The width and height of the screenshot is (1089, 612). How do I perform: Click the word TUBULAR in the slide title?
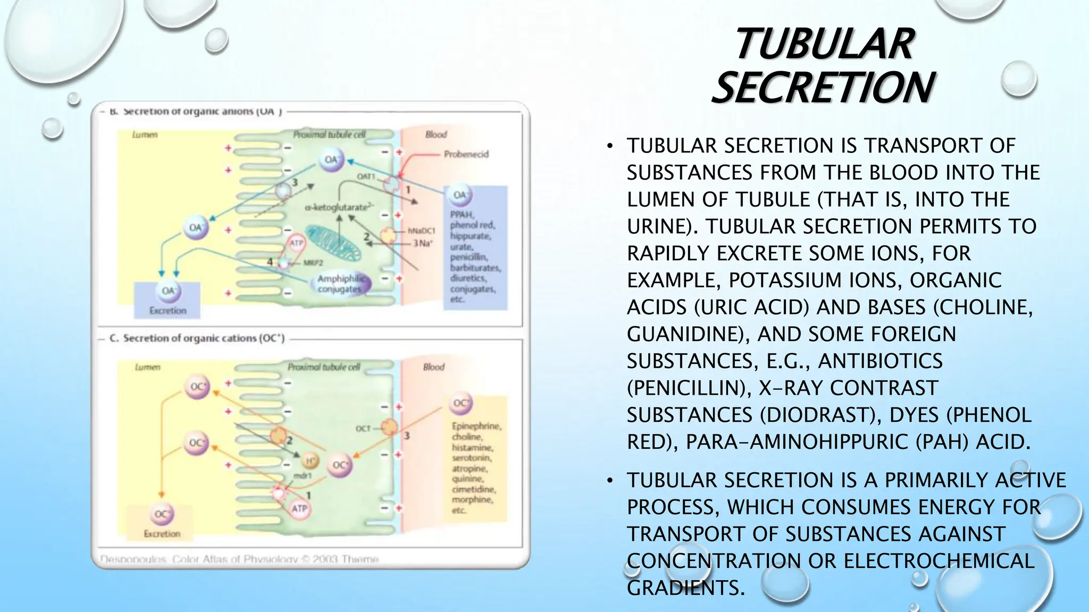[824, 45]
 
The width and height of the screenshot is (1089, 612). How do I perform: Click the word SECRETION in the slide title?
[823, 88]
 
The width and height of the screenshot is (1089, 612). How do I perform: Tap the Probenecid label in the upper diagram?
[466, 155]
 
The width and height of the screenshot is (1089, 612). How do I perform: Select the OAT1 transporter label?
[366, 176]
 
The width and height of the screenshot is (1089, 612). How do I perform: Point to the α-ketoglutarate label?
[339, 207]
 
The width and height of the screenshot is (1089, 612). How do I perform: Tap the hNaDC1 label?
[421, 231]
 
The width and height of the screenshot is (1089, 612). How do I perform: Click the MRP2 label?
[313, 263]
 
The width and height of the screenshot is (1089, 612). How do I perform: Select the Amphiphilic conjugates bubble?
[340, 284]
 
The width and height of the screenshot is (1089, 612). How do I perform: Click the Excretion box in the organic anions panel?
[167, 301]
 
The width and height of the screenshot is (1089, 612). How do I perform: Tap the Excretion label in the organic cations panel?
[162, 533]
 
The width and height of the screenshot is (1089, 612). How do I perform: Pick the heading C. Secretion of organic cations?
[197, 338]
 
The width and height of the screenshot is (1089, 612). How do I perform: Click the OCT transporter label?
[363, 428]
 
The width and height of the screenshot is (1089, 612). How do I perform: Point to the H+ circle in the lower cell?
[311, 460]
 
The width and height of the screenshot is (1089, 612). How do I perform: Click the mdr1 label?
[302, 476]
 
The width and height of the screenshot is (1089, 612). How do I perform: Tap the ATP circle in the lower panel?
[299, 508]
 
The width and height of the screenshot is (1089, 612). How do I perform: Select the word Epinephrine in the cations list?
[476, 426]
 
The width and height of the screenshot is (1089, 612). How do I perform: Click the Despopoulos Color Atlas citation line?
[239, 559]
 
